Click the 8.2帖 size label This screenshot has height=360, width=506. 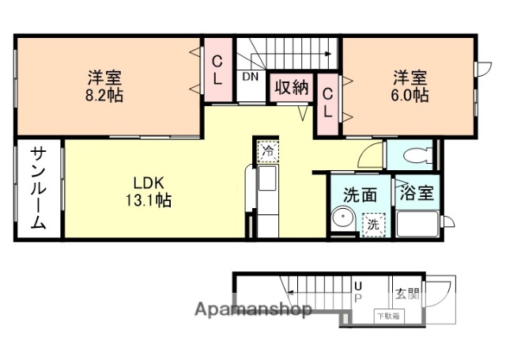(104, 95)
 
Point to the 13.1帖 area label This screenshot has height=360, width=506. (147, 200)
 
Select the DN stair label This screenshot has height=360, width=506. (251, 78)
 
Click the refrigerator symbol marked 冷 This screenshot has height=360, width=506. (267, 149)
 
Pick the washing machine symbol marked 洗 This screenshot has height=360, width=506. (372, 225)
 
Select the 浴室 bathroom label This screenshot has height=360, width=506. (416, 191)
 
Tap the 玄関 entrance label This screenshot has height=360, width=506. (408, 294)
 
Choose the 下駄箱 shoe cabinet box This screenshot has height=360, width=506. (387, 316)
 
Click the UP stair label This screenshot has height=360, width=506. (357, 291)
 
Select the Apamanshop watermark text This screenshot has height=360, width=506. (253, 309)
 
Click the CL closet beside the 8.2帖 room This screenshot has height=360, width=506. (218, 70)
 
